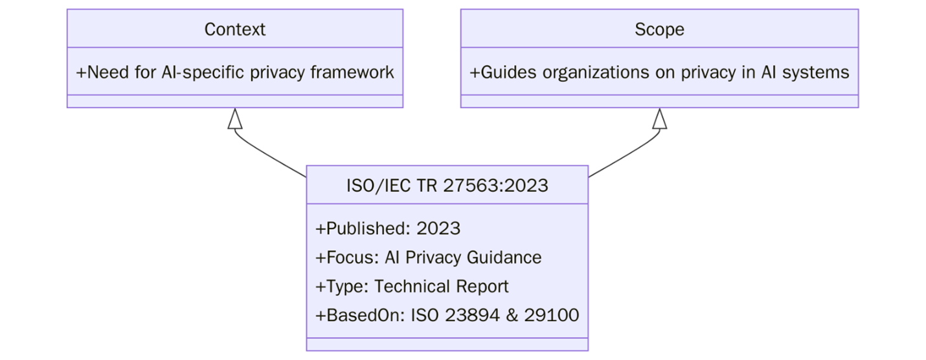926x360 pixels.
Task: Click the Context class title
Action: [x=234, y=29]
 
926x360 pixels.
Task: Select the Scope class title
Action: [x=659, y=29]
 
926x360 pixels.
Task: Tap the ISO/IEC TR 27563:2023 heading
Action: [x=447, y=186]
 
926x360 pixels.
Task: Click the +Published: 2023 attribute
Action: [x=387, y=229]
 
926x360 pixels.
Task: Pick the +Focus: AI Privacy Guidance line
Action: [x=428, y=257]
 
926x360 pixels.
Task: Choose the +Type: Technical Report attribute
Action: [x=412, y=286]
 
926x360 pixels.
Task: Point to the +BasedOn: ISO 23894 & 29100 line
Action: [x=447, y=315]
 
